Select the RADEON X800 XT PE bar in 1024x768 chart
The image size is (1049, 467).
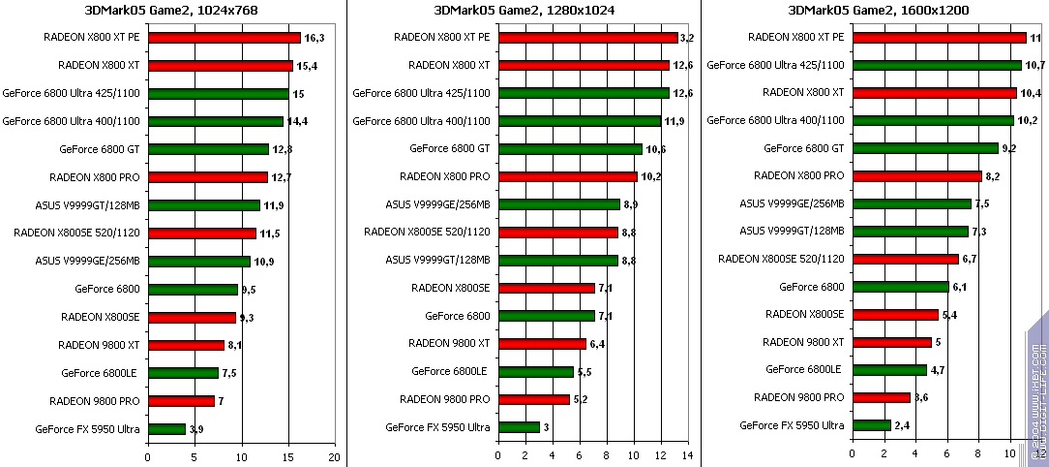[224, 38]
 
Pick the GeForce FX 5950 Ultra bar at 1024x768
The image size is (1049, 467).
[166, 428]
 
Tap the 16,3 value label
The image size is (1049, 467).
[314, 38]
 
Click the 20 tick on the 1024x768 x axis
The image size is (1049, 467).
[335, 455]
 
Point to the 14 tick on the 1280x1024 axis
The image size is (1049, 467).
[688, 455]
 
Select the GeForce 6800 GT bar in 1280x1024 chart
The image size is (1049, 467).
[569, 149]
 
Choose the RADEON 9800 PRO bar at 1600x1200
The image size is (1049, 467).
[881, 397]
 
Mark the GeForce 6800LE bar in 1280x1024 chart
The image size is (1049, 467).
[535, 371]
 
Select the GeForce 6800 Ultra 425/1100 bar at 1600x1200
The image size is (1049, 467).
[936, 65]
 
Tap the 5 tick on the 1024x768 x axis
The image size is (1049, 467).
[195, 455]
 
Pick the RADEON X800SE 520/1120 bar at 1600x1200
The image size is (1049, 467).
[905, 259]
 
